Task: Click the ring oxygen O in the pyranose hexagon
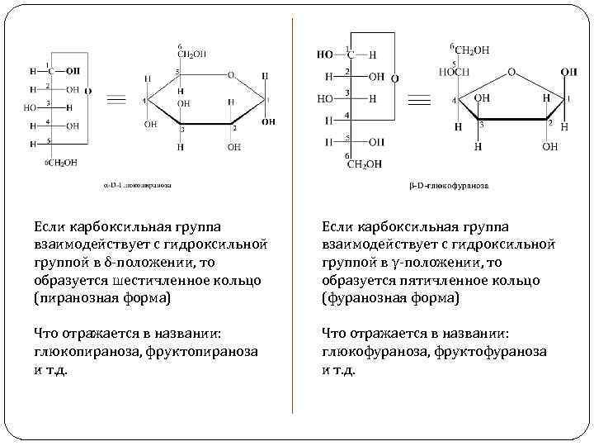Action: click(231, 74)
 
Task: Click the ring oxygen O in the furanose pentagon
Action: click(511, 72)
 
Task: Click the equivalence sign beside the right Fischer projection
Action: click(419, 100)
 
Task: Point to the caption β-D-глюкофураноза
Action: click(449, 186)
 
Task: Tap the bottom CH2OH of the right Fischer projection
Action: click(363, 164)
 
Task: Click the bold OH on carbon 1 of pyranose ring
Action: click(268, 121)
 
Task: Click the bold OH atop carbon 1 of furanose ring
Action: click(568, 73)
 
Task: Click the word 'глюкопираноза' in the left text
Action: click(82, 351)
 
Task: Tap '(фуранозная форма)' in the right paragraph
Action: click(391, 298)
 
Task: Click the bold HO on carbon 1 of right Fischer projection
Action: click(324, 55)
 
